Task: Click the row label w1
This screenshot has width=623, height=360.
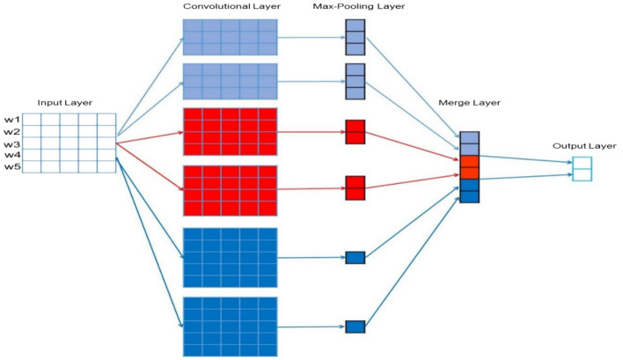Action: click(11, 120)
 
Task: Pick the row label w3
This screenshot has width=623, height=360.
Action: click(11, 143)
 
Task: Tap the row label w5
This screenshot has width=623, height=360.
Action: click(11, 166)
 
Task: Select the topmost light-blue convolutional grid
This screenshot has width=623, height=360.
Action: click(231, 39)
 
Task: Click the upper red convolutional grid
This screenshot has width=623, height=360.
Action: click(231, 132)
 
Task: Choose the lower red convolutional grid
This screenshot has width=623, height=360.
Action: click(231, 190)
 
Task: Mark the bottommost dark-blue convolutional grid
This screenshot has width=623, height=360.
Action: click(231, 326)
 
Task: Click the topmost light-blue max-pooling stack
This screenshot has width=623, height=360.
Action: click(355, 38)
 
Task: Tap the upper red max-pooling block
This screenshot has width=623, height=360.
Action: click(355, 132)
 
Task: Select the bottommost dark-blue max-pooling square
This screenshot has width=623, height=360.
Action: click(355, 327)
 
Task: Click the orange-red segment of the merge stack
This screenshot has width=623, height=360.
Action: click(469, 166)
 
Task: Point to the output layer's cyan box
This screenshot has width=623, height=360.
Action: click(582, 168)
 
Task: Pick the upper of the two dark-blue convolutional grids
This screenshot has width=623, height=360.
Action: click(231, 257)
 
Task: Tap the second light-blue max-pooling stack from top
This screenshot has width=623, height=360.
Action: click(355, 81)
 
